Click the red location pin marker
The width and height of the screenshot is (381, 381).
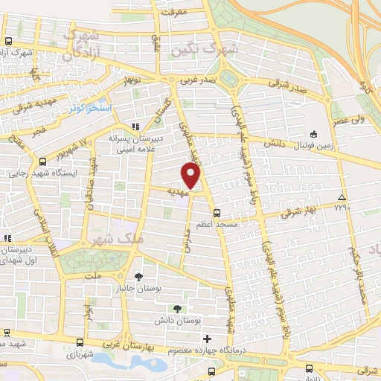[x=191, y=176]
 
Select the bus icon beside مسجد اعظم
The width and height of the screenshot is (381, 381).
[x=217, y=212]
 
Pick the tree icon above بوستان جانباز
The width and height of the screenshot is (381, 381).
[x=138, y=277]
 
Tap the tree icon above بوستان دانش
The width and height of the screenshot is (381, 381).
[x=177, y=309]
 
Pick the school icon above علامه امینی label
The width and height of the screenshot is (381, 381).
[x=135, y=127]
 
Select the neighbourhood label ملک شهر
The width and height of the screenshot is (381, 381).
[x=108, y=240]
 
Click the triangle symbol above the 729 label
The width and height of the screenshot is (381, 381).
[x=342, y=197]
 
